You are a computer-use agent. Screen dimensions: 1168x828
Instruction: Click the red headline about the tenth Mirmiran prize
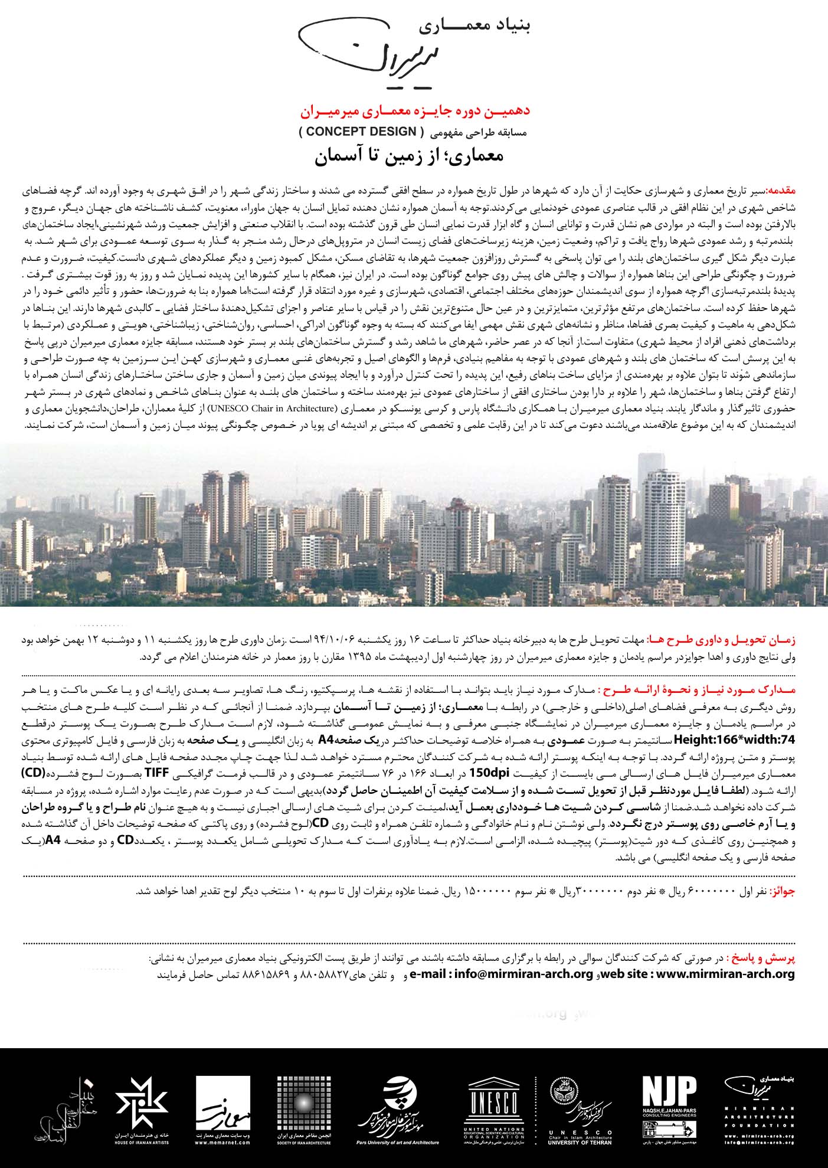point(415,112)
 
